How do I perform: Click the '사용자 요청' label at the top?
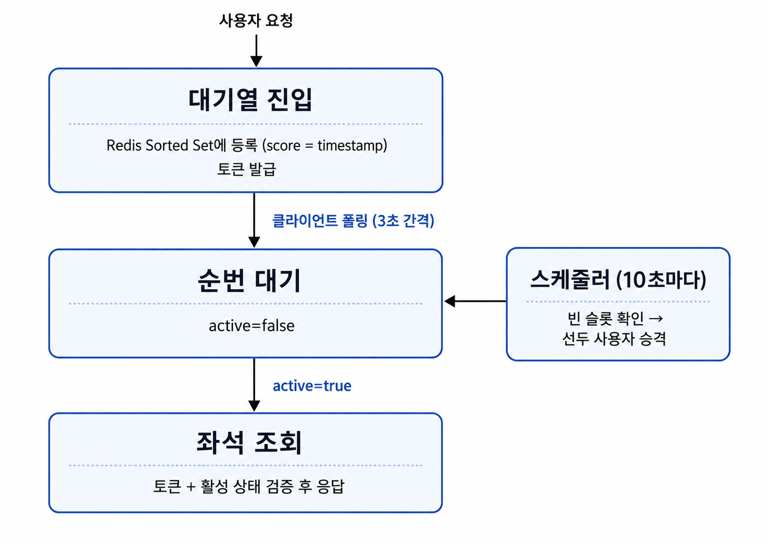[256, 20]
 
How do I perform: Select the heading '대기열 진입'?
[250, 100]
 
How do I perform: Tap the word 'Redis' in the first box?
[124, 145]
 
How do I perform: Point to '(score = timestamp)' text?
[325, 145]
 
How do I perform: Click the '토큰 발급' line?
[247, 169]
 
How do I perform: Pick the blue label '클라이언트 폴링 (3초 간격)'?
[353, 220]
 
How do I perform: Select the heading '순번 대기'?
[249, 280]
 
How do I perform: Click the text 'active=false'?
[252, 326]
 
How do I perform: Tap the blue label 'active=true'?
[312, 386]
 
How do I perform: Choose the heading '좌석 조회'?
[249, 442]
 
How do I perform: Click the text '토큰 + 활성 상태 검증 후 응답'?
[248, 486]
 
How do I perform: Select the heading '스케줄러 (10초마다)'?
[618, 279]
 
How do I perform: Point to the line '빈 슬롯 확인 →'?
[615, 319]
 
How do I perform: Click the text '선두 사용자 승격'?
[614, 339]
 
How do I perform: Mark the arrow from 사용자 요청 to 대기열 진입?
[257, 51]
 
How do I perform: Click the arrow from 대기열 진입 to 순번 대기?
[254, 220]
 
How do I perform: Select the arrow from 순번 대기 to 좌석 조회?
[254, 385]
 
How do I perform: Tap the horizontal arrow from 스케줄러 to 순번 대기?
[475, 301]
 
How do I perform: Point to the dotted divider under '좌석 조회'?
[246, 466]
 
